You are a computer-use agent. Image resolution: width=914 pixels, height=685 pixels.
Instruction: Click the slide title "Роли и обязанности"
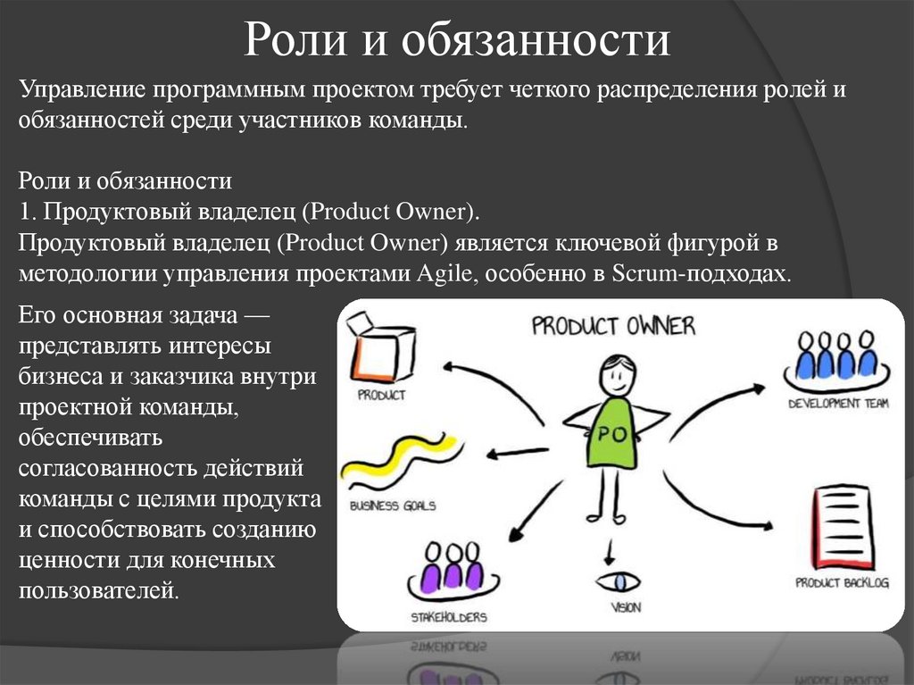tap(456, 41)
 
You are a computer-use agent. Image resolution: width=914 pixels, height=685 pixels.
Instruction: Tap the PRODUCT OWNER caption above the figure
tap(612, 325)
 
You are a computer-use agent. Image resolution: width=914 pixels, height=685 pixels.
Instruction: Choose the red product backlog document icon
tap(841, 528)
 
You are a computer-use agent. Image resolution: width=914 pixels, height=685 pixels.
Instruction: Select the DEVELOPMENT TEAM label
tap(837, 404)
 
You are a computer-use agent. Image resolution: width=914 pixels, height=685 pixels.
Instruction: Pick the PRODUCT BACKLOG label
tap(842, 583)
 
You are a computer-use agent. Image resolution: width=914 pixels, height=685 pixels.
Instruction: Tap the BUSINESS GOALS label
tap(393, 505)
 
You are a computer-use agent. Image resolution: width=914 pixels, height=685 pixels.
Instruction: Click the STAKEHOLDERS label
tap(448, 617)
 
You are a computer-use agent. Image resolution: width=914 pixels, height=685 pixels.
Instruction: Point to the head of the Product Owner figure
tap(617, 374)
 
